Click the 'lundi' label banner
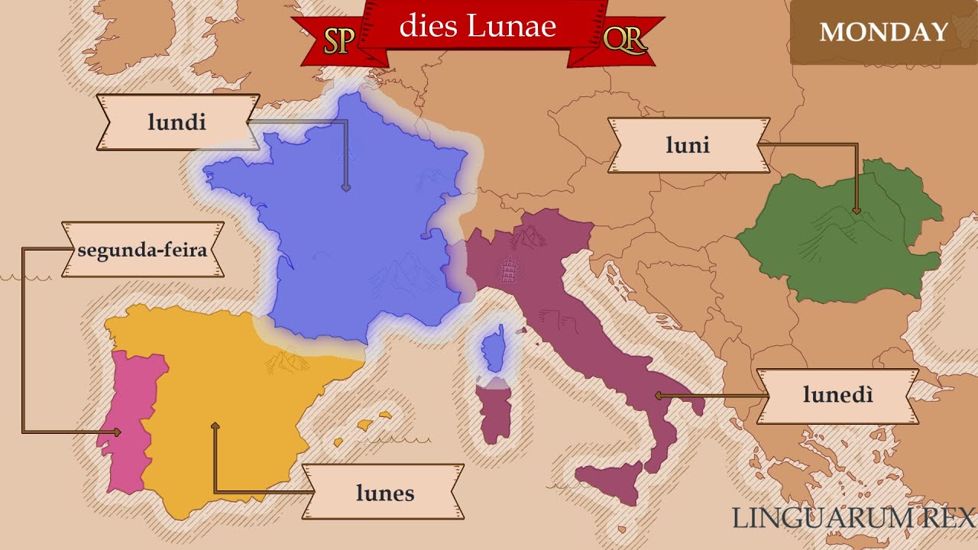click(x=177, y=122)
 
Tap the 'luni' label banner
click(x=688, y=145)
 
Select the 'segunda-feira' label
click(x=142, y=250)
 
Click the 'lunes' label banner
click(x=384, y=493)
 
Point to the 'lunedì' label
click(x=837, y=396)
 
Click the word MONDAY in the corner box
click(x=883, y=32)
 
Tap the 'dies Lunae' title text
click(x=478, y=26)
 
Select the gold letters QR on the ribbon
click(x=623, y=38)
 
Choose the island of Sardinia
click(x=494, y=412)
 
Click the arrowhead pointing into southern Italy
click(x=658, y=396)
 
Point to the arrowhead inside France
click(x=346, y=186)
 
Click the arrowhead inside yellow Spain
click(x=215, y=425)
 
